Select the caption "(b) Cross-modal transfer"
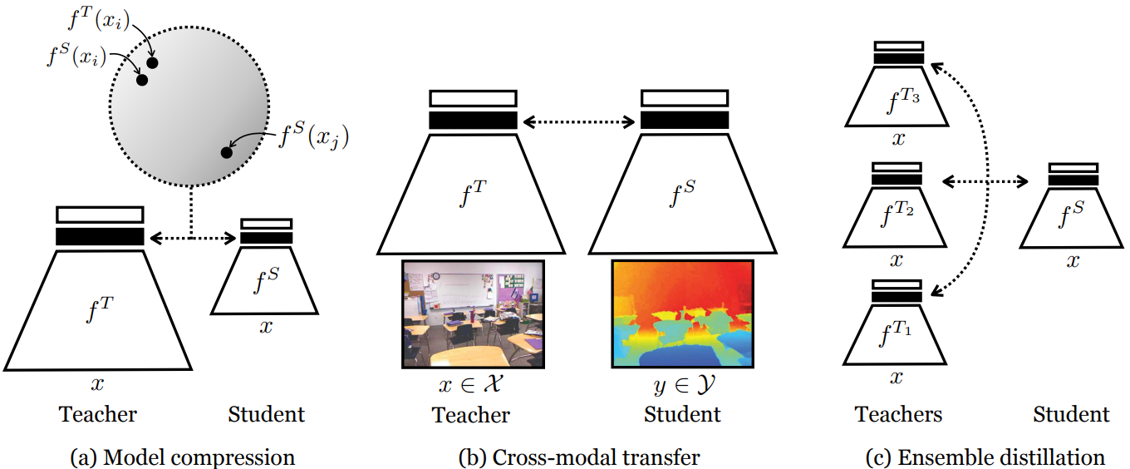click(580, 457)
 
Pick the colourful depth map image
click(682, 313)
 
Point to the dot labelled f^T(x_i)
click(152, 62)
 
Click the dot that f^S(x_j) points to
click(226, 152)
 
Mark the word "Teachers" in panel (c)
click(898, 414)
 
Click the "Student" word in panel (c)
click(1072, 414)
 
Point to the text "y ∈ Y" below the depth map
click(682, 387)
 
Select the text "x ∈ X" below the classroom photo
click(472, 387)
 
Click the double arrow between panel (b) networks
click(579, 121)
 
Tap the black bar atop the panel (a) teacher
click(100, 236)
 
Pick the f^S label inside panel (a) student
click(266, 282)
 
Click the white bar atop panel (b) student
click(684, 98)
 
